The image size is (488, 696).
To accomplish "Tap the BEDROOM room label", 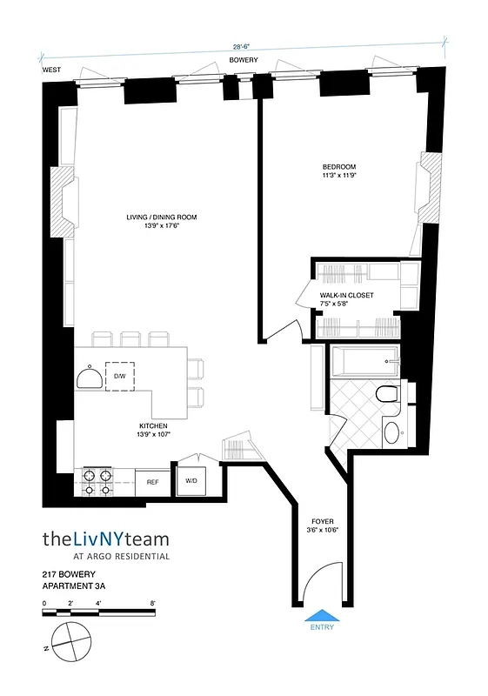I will point(339,167).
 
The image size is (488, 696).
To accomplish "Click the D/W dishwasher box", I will point(120,376).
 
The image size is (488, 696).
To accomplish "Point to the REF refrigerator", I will point(152,481).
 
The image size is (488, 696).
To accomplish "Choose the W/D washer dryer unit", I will point(191,481).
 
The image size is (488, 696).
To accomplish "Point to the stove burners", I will point(98,481).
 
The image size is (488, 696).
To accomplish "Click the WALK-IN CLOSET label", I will point(346,296).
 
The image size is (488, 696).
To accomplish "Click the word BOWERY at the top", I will point(244,61).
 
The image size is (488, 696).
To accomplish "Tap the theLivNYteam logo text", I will point(106,539).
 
